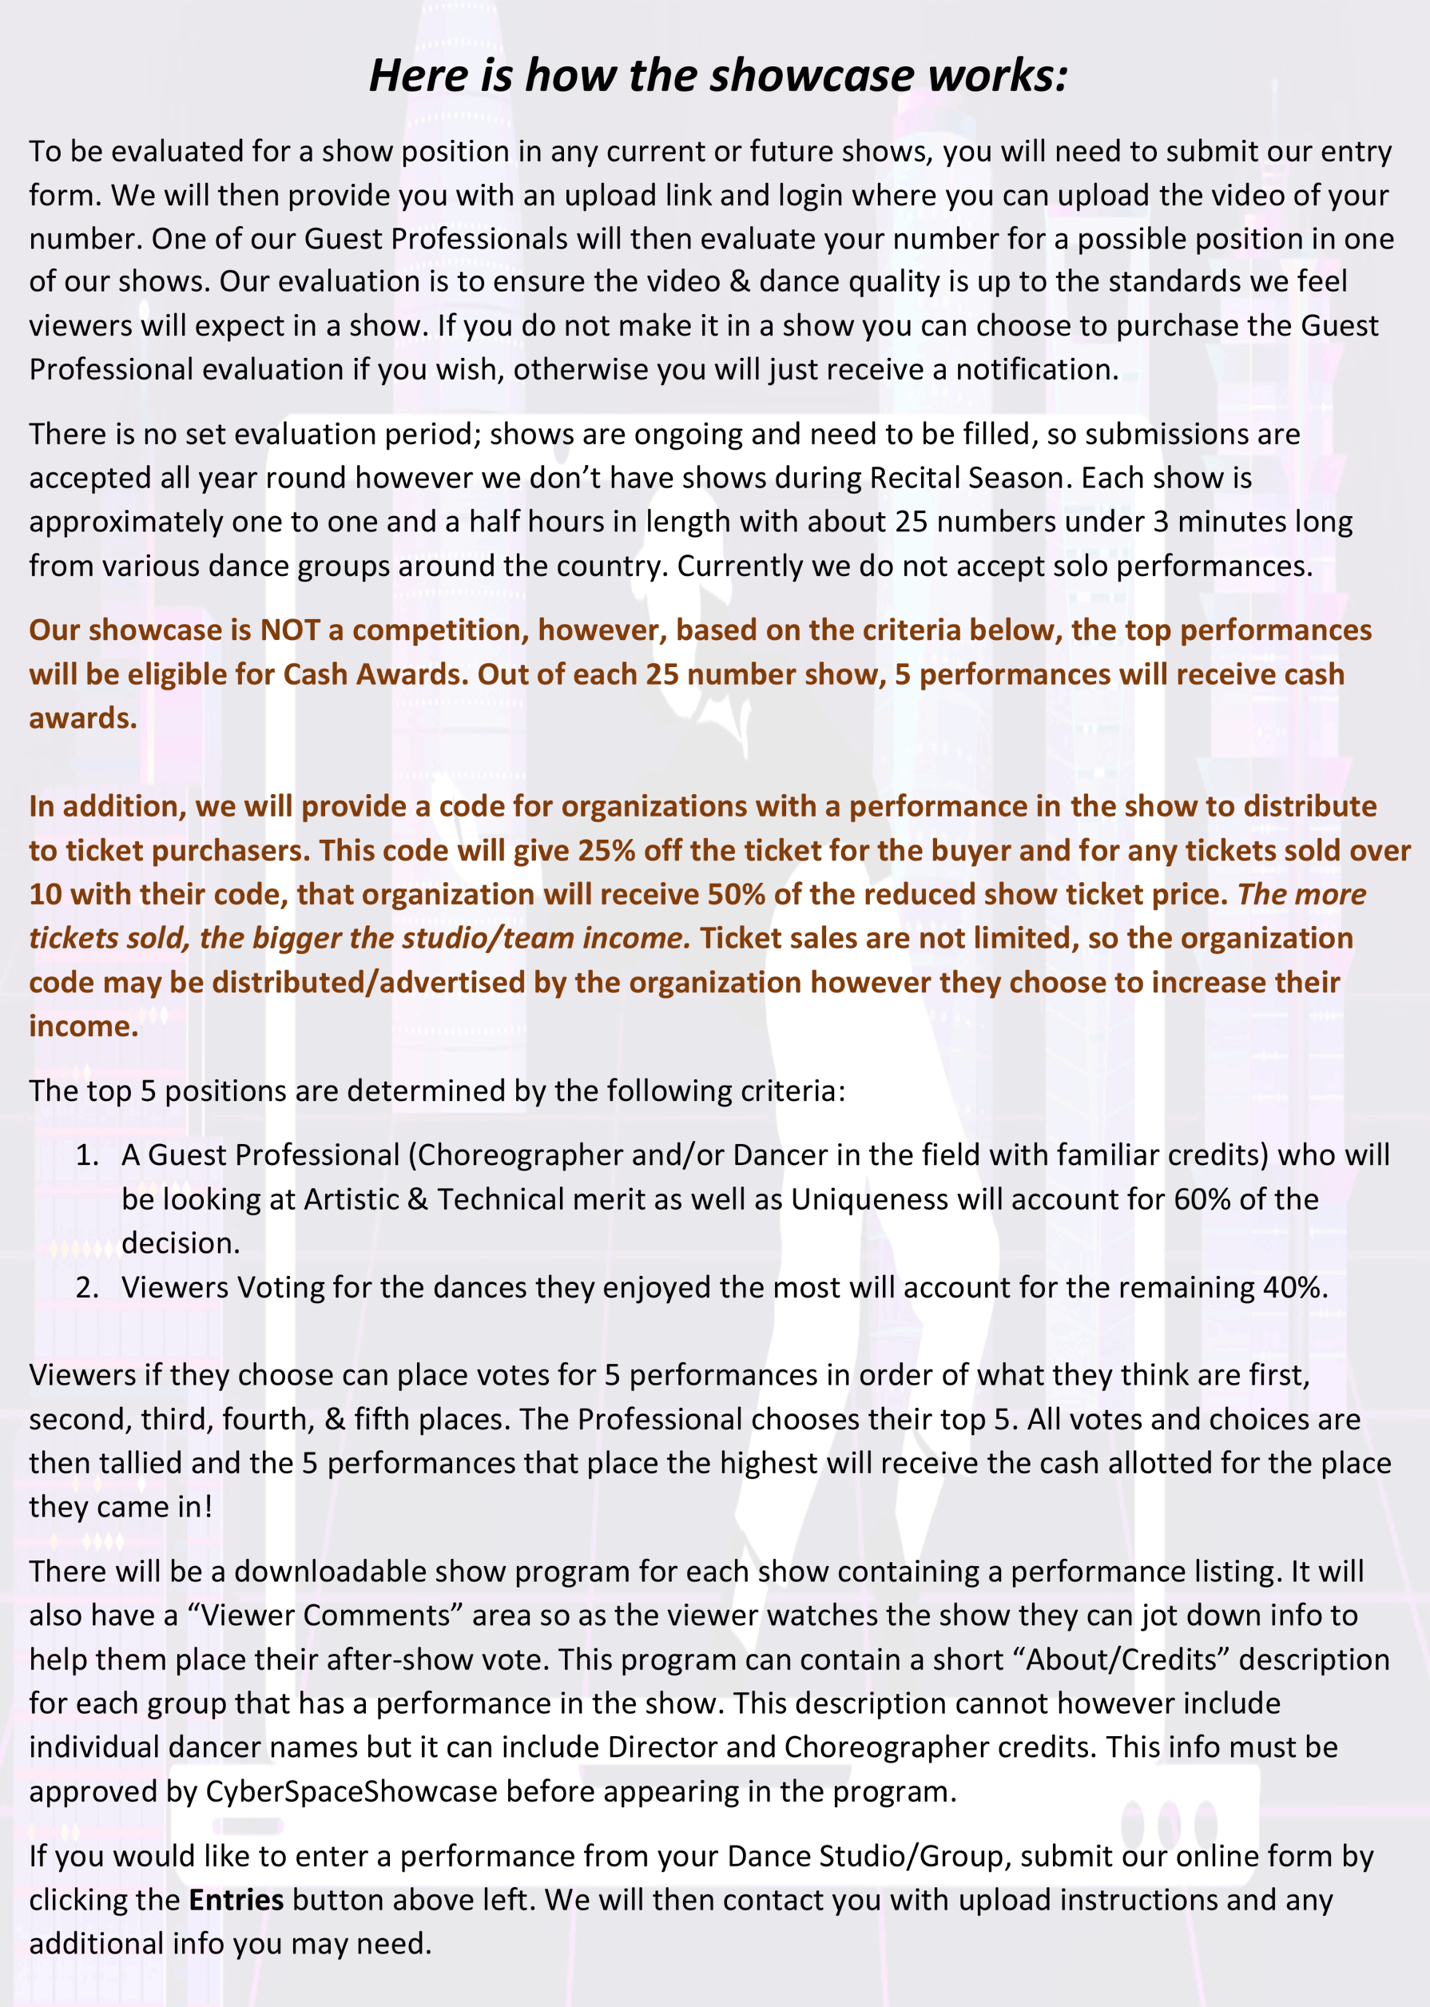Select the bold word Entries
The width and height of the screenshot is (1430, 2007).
[236, 1900]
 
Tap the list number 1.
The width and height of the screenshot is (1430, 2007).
[86, 1155]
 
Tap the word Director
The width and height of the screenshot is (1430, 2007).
[663, 1747]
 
